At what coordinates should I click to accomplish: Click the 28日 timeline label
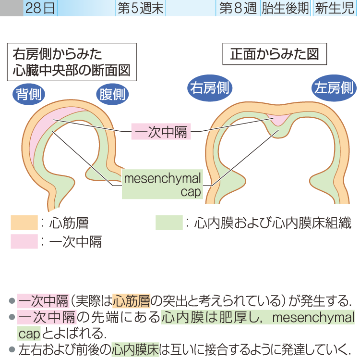click(x=40, y=8)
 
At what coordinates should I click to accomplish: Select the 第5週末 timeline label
click(x=140, y=8)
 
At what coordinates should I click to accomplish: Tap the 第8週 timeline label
click(x=238, y=8)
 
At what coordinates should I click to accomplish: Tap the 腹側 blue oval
click(x=112, y=95)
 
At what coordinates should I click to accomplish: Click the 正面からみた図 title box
click(x=275, y=54)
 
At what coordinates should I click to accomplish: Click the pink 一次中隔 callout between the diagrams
click(x=161, y=131)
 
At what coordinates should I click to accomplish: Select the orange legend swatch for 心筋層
click(x=24, y=223)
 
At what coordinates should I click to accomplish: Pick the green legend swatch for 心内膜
click(x=169, y=223)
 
